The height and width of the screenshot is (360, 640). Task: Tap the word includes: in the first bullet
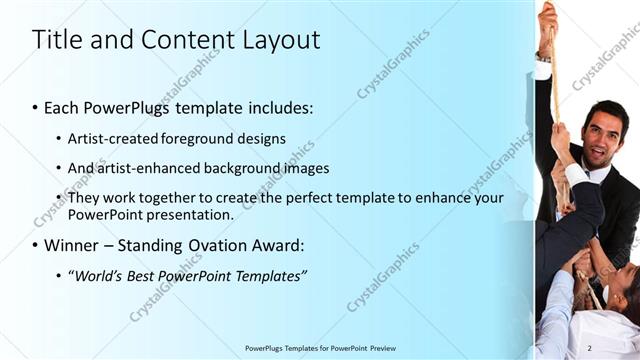coord(279,107)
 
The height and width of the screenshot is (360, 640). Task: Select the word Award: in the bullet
coord(273,245)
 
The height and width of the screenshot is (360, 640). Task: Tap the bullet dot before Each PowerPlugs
coord(36,108)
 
